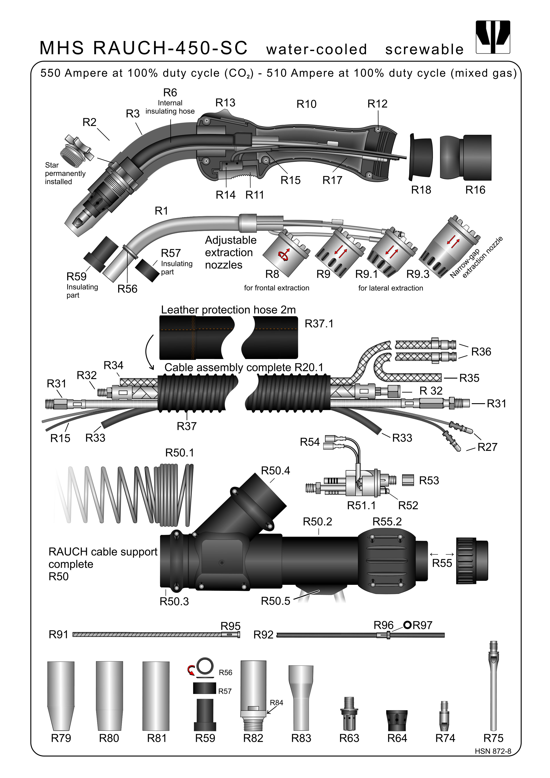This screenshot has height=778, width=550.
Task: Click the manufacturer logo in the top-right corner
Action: pyautogui.click(x=493, y=37)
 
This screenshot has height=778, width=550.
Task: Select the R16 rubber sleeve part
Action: pyautogui.click(x=466, y=157)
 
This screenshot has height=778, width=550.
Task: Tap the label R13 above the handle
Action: pyautogui.click(x=225, y=103)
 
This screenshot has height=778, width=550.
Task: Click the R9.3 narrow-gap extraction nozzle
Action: pyautogui.click(x=449, y=247)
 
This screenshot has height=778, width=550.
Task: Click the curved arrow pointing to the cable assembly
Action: pyautogui.click(x=149, y=352)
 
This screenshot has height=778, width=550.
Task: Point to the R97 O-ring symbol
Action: pyautogui.click(x=407, y=625)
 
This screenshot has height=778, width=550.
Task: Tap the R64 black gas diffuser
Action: pyautogui.click(x=397, y=720)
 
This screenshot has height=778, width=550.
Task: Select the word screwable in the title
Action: pyautogui.click(x=424, y=49)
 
